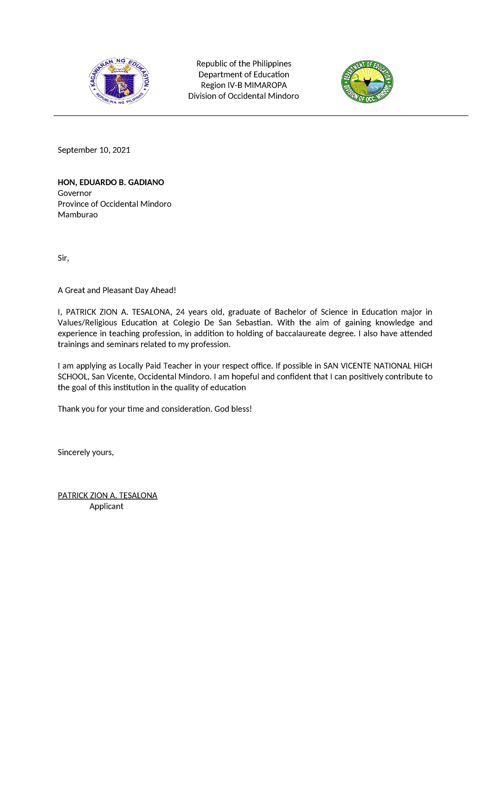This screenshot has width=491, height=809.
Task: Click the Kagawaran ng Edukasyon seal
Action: [119, 81]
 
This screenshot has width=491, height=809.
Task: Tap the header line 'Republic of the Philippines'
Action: [244, 63]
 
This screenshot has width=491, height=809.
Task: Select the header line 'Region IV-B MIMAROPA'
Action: [244, 85]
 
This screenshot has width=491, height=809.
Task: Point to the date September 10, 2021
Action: [94, 150]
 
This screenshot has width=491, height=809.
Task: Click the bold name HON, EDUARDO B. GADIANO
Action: [111, 182]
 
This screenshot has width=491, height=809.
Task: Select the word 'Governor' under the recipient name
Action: [74, 193]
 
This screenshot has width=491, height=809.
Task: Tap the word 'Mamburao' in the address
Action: [78, 215]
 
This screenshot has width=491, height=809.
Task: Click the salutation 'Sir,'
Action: [63, 258]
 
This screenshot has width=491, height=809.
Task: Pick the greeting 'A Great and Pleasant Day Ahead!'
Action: [117, 290]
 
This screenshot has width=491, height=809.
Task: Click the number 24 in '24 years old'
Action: [180, 312]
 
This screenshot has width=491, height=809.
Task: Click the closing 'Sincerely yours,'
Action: [86, 452]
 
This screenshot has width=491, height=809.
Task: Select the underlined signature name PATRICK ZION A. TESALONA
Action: [108, 495]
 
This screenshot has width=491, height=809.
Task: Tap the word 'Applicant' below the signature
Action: [106, 506]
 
